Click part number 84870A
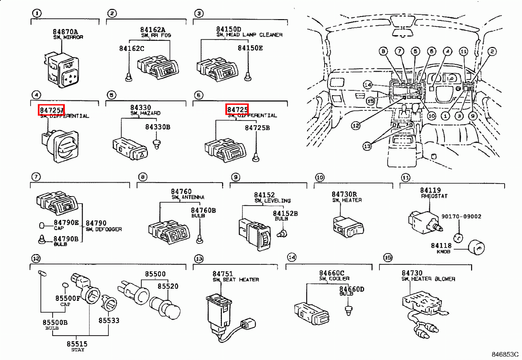click(x=66, y=32)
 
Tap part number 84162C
click(x=131, y=48)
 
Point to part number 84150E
click(x=250, y=48)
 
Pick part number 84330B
click(x=158, y=127)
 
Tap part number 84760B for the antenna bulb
click(x=203, y=210)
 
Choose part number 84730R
click(x=344, y=194)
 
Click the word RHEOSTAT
click(x=434, y=196)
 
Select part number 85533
click(x=109, y=320)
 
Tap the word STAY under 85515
click(x=77, y=350)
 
